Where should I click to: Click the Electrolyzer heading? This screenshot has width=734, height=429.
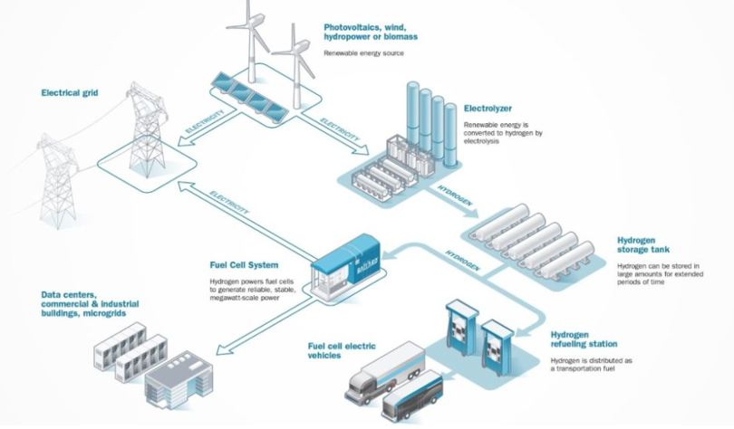tap(488, 109)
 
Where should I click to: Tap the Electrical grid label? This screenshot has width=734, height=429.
tap(70, 92)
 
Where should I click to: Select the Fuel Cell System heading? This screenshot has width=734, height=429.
tap(244, 265)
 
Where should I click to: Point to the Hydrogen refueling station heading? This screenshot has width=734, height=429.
tap(584, 339)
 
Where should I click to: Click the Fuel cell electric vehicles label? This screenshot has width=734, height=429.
tap(342, 350)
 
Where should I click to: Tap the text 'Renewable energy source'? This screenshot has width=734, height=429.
tap(363, 53)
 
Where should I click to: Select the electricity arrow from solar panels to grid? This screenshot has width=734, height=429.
tap(208, 128)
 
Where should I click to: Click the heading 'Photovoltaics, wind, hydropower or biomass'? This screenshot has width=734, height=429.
tap(371, 32)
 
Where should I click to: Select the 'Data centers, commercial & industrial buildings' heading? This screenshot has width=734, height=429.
tap(90, 304)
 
